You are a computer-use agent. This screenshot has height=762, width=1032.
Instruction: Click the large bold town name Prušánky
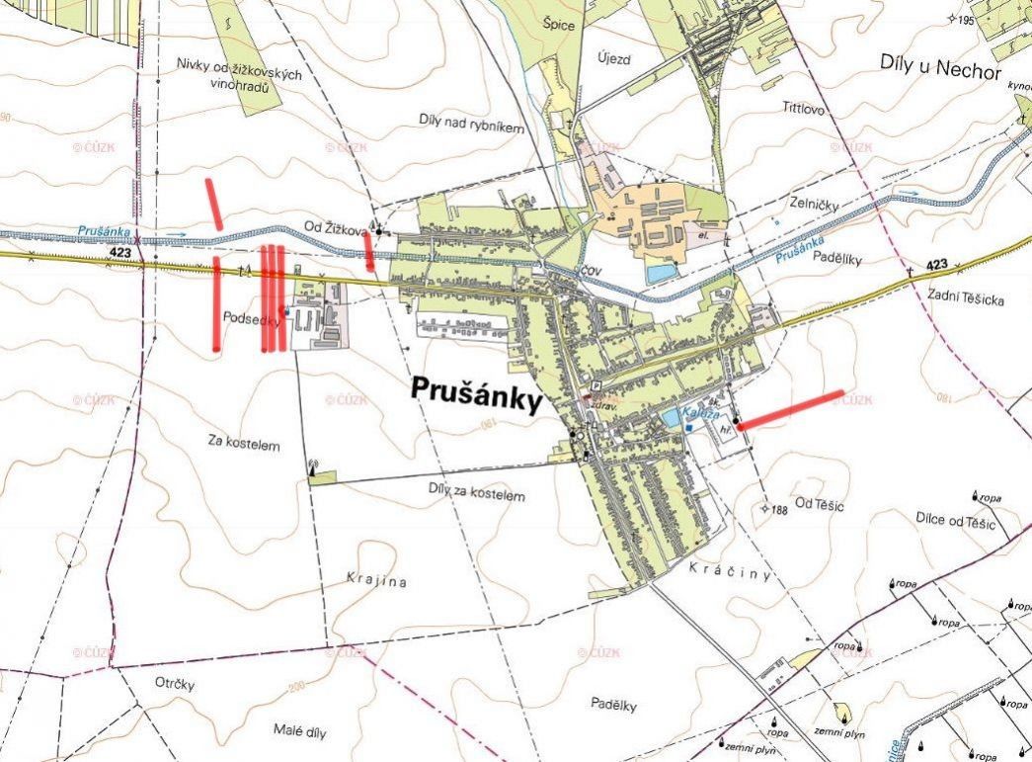coord(477,397)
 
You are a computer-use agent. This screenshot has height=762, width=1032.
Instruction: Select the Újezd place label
coord(613,58)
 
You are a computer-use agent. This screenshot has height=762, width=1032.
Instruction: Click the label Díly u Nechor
coord(940,66)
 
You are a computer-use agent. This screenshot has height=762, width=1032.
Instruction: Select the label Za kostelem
coord(245,445)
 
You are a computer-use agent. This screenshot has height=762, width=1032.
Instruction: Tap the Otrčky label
coord(175,684)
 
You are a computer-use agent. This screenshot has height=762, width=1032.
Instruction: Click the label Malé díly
coord(299,731)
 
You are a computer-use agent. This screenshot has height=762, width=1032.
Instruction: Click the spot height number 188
coord(780,510)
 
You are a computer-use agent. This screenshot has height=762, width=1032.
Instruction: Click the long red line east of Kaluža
coord(791,410)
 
